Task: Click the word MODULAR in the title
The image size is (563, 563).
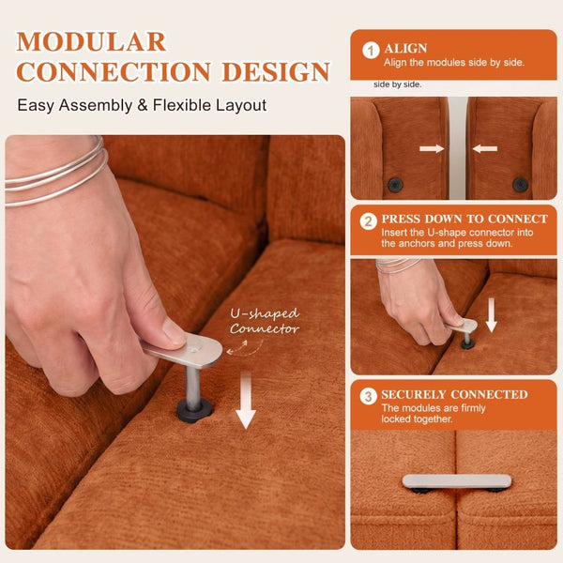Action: click(x=91, y=42)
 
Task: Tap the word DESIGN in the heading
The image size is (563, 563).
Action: click(x=276, y=72)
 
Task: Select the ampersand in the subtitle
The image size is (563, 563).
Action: click(x=143, y=105)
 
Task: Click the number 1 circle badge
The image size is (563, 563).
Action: click(x=371, y=51)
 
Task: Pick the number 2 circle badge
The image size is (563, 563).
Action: click(x=369, y=221)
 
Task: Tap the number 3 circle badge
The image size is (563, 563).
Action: click(x=369, y=397)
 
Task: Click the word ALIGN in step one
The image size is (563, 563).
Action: click(x=405, y=48)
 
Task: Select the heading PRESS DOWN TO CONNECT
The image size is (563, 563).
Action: click(x=464, y=219)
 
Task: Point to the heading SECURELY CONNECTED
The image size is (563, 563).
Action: click(x=454, y=394)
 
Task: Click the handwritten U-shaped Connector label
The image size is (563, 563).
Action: click(x=265, y=321)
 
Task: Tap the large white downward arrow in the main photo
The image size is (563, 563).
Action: click(x=246, y=401)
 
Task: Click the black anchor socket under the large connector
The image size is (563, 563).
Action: click(x=194, y=410)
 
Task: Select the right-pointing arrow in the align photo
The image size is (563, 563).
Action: click(x=432, y=148)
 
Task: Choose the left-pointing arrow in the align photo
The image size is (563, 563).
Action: click(x=485, y=148)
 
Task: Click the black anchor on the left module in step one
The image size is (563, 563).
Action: click(x=395, y=185)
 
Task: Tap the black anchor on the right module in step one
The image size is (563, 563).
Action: click(x=520, y=185)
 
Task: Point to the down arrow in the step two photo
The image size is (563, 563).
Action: click(x=492, y=315)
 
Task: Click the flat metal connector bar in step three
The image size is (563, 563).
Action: click(x=457, y=481)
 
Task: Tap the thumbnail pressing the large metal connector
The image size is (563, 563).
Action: click(x=173, y=332)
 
